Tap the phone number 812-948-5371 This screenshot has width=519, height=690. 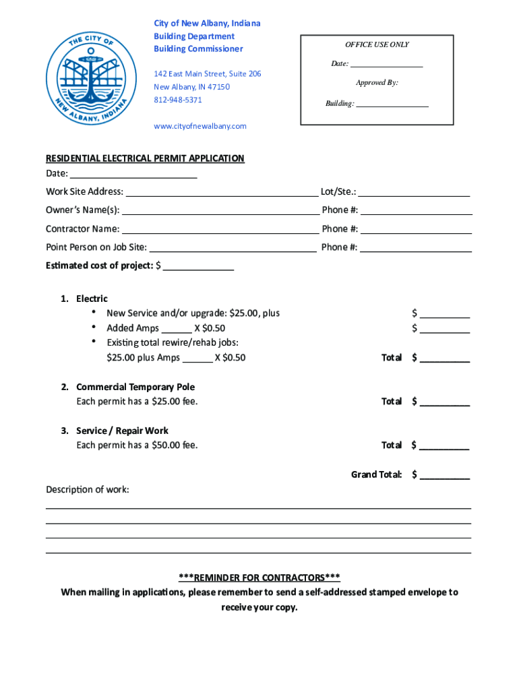coord(177,100)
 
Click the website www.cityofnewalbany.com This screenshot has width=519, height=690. coord(200,126)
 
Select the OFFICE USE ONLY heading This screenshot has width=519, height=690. coord(377,44)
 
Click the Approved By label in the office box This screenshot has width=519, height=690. coord(377,82)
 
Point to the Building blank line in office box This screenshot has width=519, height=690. coord(392,104)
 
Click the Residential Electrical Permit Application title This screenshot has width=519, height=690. coord(145,158)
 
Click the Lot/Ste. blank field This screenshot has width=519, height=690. coord(414,192)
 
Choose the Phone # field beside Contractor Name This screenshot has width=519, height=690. coord(416,229)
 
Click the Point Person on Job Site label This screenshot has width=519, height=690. coord(96,247)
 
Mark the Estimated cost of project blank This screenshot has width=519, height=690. coord(198,266)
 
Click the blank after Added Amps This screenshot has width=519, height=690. coord(177,329)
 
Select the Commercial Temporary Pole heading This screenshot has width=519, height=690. coord(135,387)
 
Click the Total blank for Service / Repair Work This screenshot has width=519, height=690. coord(444,446)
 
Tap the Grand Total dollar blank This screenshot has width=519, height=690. coord(444,476)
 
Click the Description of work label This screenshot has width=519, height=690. coord(87,489)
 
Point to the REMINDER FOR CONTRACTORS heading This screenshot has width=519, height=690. coord(259,577)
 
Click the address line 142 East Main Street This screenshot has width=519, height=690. coord(207,73)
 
